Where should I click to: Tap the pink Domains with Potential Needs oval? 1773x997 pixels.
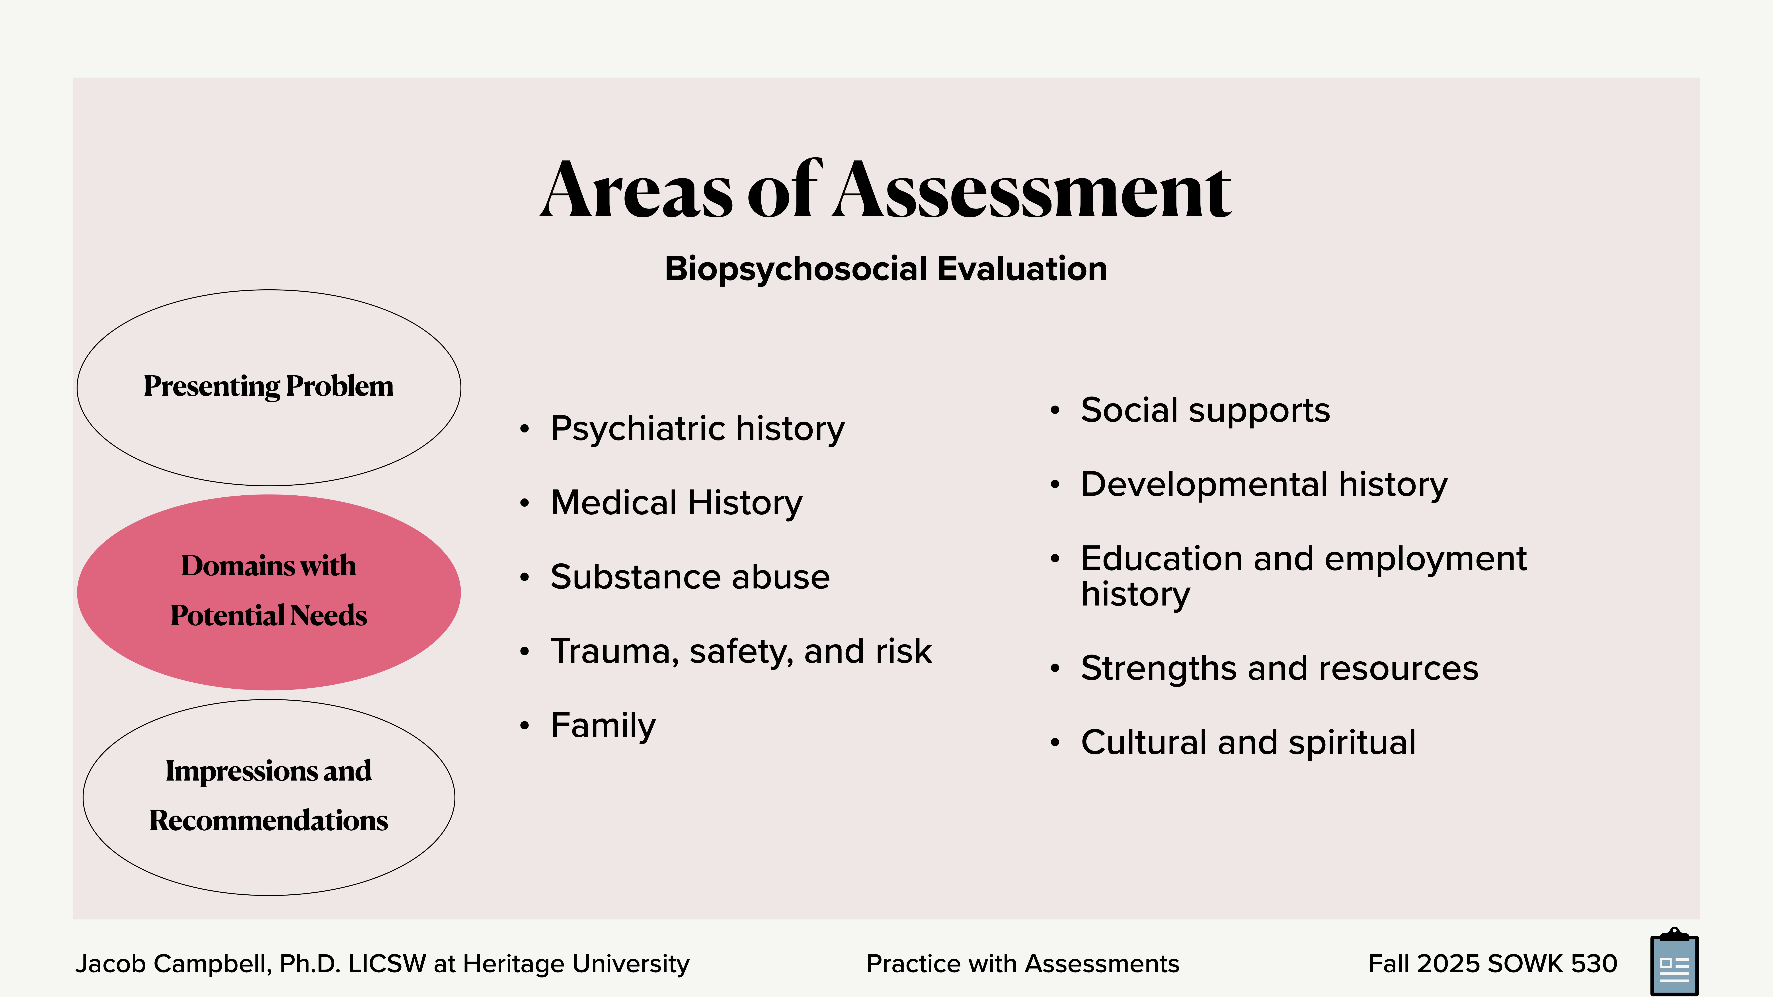tap(268, 592)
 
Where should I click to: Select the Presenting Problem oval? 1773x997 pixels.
tap(268, 387)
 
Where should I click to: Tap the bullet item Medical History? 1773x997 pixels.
tap(676, 503)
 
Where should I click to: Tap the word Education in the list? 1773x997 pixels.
tap(1162, 559)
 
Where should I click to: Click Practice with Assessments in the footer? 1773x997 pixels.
tap(1022, 964)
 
